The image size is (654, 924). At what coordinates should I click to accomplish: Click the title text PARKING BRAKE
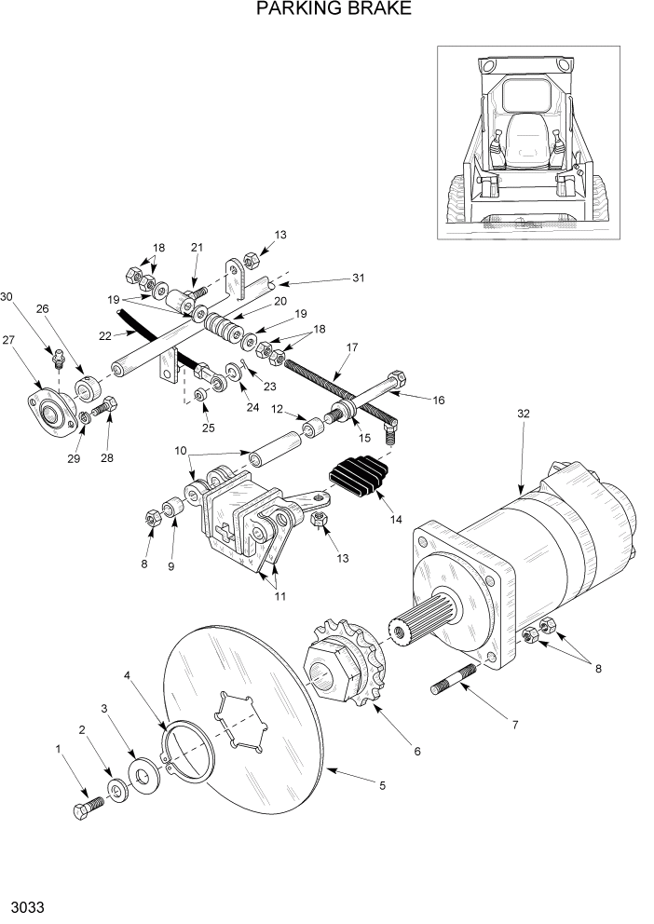point(320,10)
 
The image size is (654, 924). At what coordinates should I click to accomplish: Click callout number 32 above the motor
point(524,415)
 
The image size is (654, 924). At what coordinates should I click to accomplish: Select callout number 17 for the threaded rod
point(352,348)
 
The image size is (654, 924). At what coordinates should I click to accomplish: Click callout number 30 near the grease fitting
point(8,297)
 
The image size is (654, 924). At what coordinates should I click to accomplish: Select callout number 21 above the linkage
point(196,247)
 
